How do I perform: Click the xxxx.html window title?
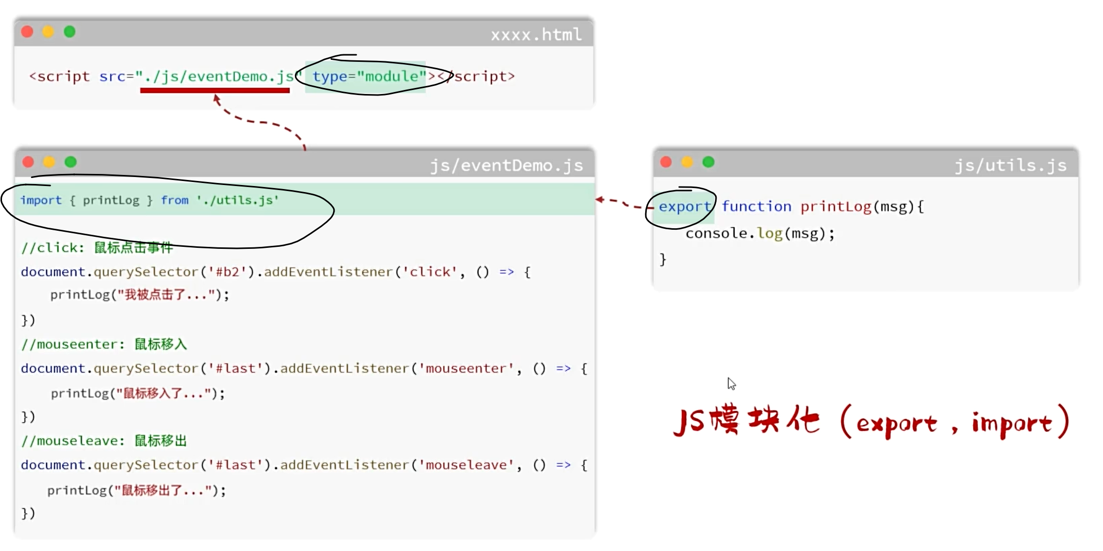click(x=536, y=35)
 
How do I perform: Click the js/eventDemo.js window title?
click(x=506, y=165)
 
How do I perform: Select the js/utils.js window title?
click(x=1010, y=165)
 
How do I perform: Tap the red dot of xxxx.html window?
click(x=28, y=32)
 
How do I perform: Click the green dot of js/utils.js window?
click(x=708, y=162)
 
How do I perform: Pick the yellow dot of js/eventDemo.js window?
click(x=49, y=162)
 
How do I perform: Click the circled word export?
click(x=684, y=207)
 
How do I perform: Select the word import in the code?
click(x=41, y=200)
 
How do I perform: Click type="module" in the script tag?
click(x=369, y=76)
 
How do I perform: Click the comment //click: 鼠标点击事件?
click(x=97, y=248)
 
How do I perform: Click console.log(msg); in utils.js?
click(x=759, y=233)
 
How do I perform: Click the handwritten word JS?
click(x=689, y=421)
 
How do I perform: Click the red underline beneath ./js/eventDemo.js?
click(x=215, y=90)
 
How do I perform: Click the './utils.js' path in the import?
click(x=237, y=200)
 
